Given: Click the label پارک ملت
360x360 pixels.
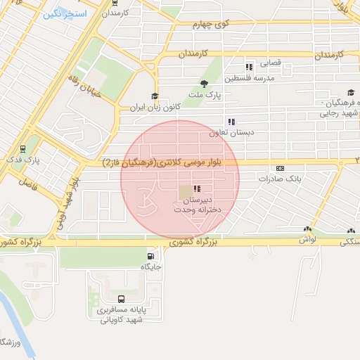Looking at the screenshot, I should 209,94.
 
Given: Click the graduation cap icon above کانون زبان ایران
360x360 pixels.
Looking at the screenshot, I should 155,97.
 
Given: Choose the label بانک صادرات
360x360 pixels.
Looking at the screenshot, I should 280,179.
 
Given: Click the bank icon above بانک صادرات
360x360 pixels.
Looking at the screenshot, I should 280,168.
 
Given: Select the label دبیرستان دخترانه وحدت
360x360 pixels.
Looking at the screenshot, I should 193,205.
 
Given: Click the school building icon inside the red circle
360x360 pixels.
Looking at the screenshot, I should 184,190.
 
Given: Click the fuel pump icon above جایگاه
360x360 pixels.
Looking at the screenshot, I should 151,256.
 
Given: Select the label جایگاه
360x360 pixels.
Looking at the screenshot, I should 152,266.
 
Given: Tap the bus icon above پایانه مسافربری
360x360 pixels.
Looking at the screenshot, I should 121,299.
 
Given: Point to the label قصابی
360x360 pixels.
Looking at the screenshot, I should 271,63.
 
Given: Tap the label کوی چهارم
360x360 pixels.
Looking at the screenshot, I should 212,24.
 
